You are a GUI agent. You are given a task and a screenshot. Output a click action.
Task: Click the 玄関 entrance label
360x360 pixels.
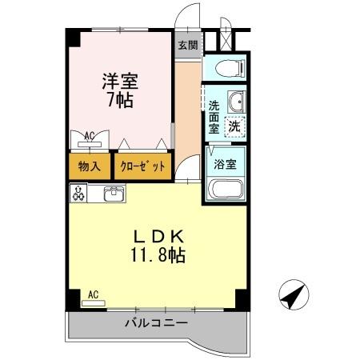(186, 44)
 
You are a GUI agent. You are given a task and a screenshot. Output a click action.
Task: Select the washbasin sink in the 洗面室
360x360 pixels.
(235, 102)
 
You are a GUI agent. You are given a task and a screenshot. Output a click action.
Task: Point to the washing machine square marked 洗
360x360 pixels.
(234, 125)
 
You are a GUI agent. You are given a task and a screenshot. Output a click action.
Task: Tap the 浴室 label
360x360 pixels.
(224, 165)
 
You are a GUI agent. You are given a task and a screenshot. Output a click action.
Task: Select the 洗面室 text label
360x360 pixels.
(214, 117)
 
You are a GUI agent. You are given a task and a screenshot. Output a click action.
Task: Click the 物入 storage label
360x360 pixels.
(89, 166)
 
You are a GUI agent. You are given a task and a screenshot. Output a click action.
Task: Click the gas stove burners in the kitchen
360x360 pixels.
(79, 193)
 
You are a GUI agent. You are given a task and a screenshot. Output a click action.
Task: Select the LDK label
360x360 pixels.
(158, 237)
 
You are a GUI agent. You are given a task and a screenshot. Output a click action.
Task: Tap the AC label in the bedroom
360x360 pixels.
(90, 136)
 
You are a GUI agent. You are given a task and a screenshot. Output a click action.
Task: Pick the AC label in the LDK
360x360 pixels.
(93, 294)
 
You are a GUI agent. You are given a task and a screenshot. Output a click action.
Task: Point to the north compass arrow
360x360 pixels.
(292, 296)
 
